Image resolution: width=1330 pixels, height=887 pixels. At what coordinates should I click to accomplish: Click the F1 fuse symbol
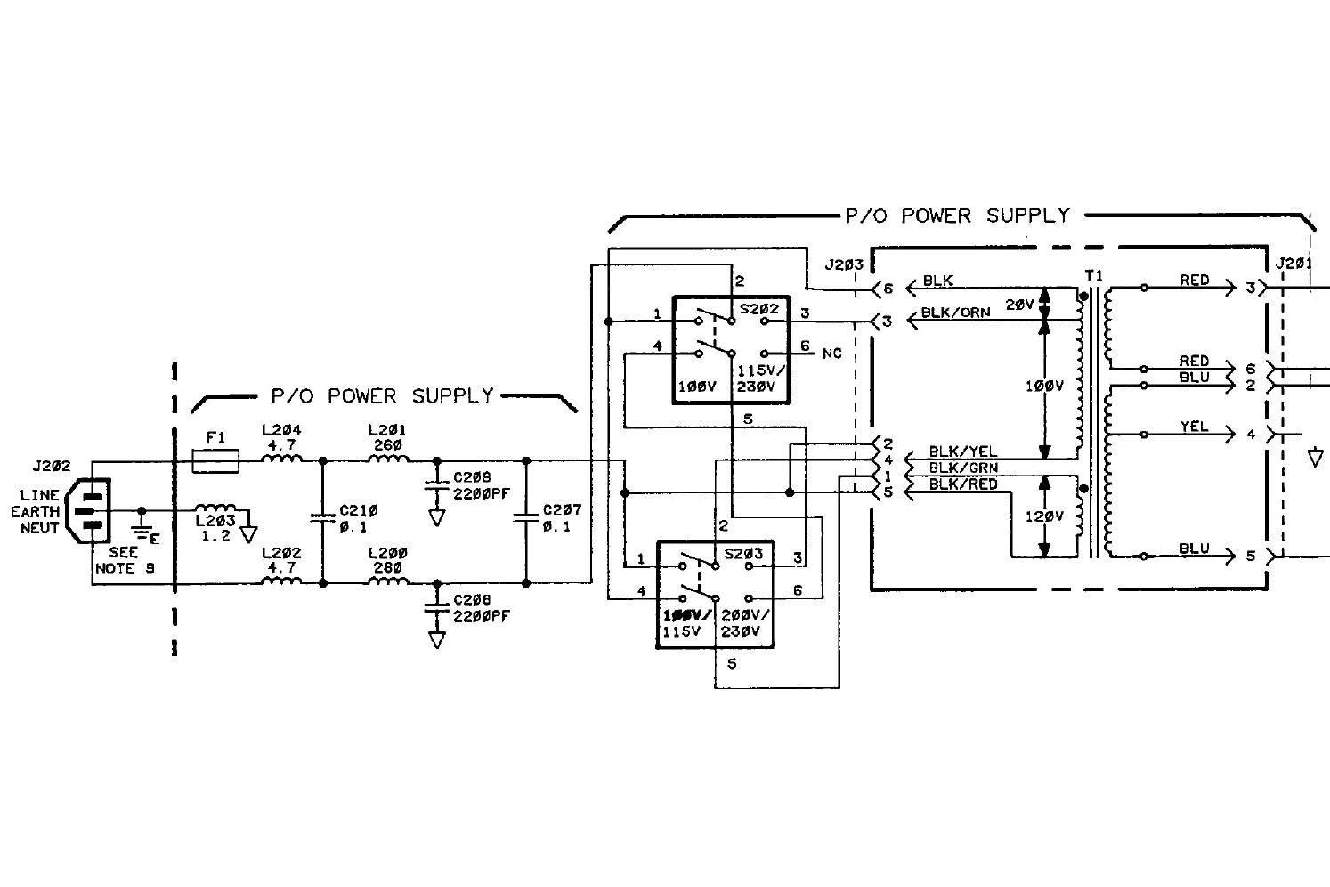pyautogui.click(x=215, y=460)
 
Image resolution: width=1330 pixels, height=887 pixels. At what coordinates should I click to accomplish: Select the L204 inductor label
pyautogui.click(x=281, y=431)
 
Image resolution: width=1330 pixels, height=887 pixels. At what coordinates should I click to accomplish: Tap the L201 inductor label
pyautogui.click(x=388, y=431)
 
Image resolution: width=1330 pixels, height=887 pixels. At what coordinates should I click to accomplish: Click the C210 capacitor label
pyautogui.click(x=359, y=510)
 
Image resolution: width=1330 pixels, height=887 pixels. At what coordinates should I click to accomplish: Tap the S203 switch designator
pyautogui.click(x=744, y=553)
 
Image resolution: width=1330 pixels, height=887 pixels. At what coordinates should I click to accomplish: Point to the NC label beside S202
pyautogui.click(x=831, y=354)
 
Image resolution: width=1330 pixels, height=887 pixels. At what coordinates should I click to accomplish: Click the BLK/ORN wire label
pyautogui.click(x=955, y=313)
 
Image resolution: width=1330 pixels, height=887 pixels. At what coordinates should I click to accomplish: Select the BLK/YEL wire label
pyautogui.click(x=962, y=452)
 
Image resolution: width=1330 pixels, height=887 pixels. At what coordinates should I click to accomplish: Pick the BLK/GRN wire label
pyautogui.click(x=962, y=468)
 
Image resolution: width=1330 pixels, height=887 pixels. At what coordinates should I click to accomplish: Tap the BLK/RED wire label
pyautogui.click(x=962, y=484)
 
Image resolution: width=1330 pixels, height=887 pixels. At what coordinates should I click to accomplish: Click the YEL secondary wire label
pyautogui.click(x=1194, y=427)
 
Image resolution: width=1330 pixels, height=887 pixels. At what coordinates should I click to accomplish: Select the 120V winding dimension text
pyautogui.click(x=1042, y=517)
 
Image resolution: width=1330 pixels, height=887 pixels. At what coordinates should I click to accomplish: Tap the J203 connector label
pyautogui.click(x=844, y=264)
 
